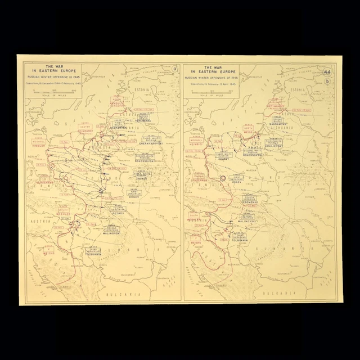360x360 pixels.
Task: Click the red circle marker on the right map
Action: (x=222, y=178)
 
